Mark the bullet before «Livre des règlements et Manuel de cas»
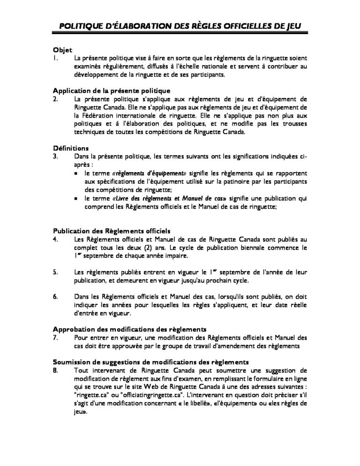[x=77, y=199]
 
